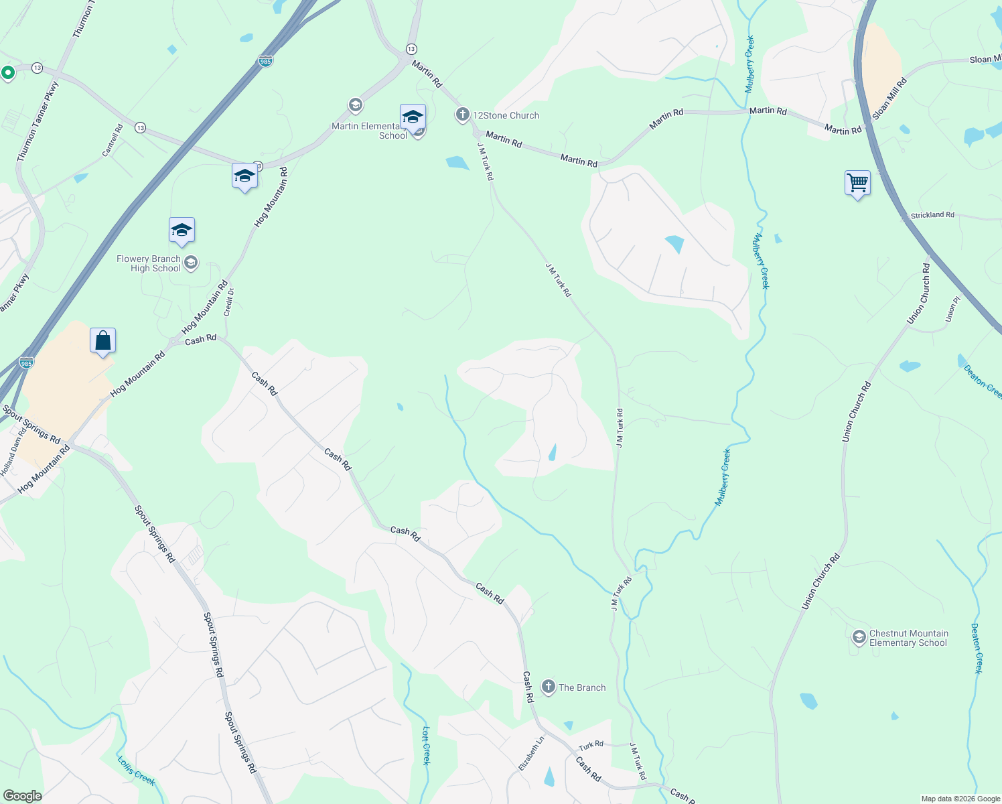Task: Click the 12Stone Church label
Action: click(506, 115)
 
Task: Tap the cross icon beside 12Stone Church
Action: click(462, 115)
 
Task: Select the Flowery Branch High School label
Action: click(149, 263)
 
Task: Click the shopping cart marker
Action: click(857, 182)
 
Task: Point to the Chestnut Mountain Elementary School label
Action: click(908, 638)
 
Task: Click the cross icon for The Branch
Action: click(549, 687)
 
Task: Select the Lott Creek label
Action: click(426, 745)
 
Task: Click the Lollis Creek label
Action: click(136, 770)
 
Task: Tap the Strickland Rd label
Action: click(932, 215)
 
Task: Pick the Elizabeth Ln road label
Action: click(532, 753)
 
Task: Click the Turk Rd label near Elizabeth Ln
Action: click(591, 745)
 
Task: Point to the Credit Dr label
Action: click(229, 302)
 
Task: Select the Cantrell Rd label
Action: click(113, 141)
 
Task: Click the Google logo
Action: click(23, 795)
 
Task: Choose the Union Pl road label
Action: click(952, 312)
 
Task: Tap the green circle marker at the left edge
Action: click(8, 72)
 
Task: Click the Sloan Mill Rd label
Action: click(889, 99)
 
